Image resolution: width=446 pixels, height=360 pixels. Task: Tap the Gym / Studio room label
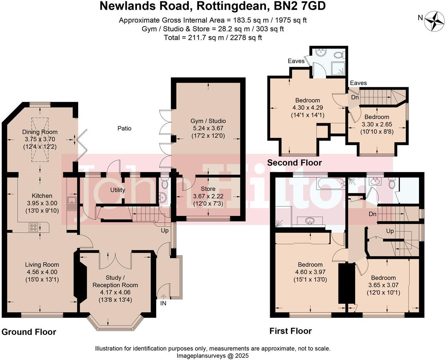[208, 121]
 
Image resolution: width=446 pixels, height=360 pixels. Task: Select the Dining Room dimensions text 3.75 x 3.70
[40, 139]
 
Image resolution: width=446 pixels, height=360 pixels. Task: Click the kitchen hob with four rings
[34, 227]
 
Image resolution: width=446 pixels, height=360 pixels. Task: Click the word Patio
[124, 128]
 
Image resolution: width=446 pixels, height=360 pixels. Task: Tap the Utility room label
[118, 190]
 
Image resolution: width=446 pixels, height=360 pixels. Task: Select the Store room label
[208, 189]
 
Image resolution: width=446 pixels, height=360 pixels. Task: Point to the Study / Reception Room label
[115, 281]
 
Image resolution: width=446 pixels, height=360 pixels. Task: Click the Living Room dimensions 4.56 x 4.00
[42, 272]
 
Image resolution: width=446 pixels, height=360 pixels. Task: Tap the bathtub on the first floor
[327, 183]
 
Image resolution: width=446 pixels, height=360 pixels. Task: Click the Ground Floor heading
[29, 332]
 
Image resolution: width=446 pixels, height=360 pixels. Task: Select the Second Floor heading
[294, 163]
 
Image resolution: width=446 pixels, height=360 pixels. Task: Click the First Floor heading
[291, 331]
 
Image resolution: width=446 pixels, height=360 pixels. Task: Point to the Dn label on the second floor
[355, 98]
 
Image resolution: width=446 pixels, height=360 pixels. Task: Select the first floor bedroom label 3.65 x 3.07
[383, 285]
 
